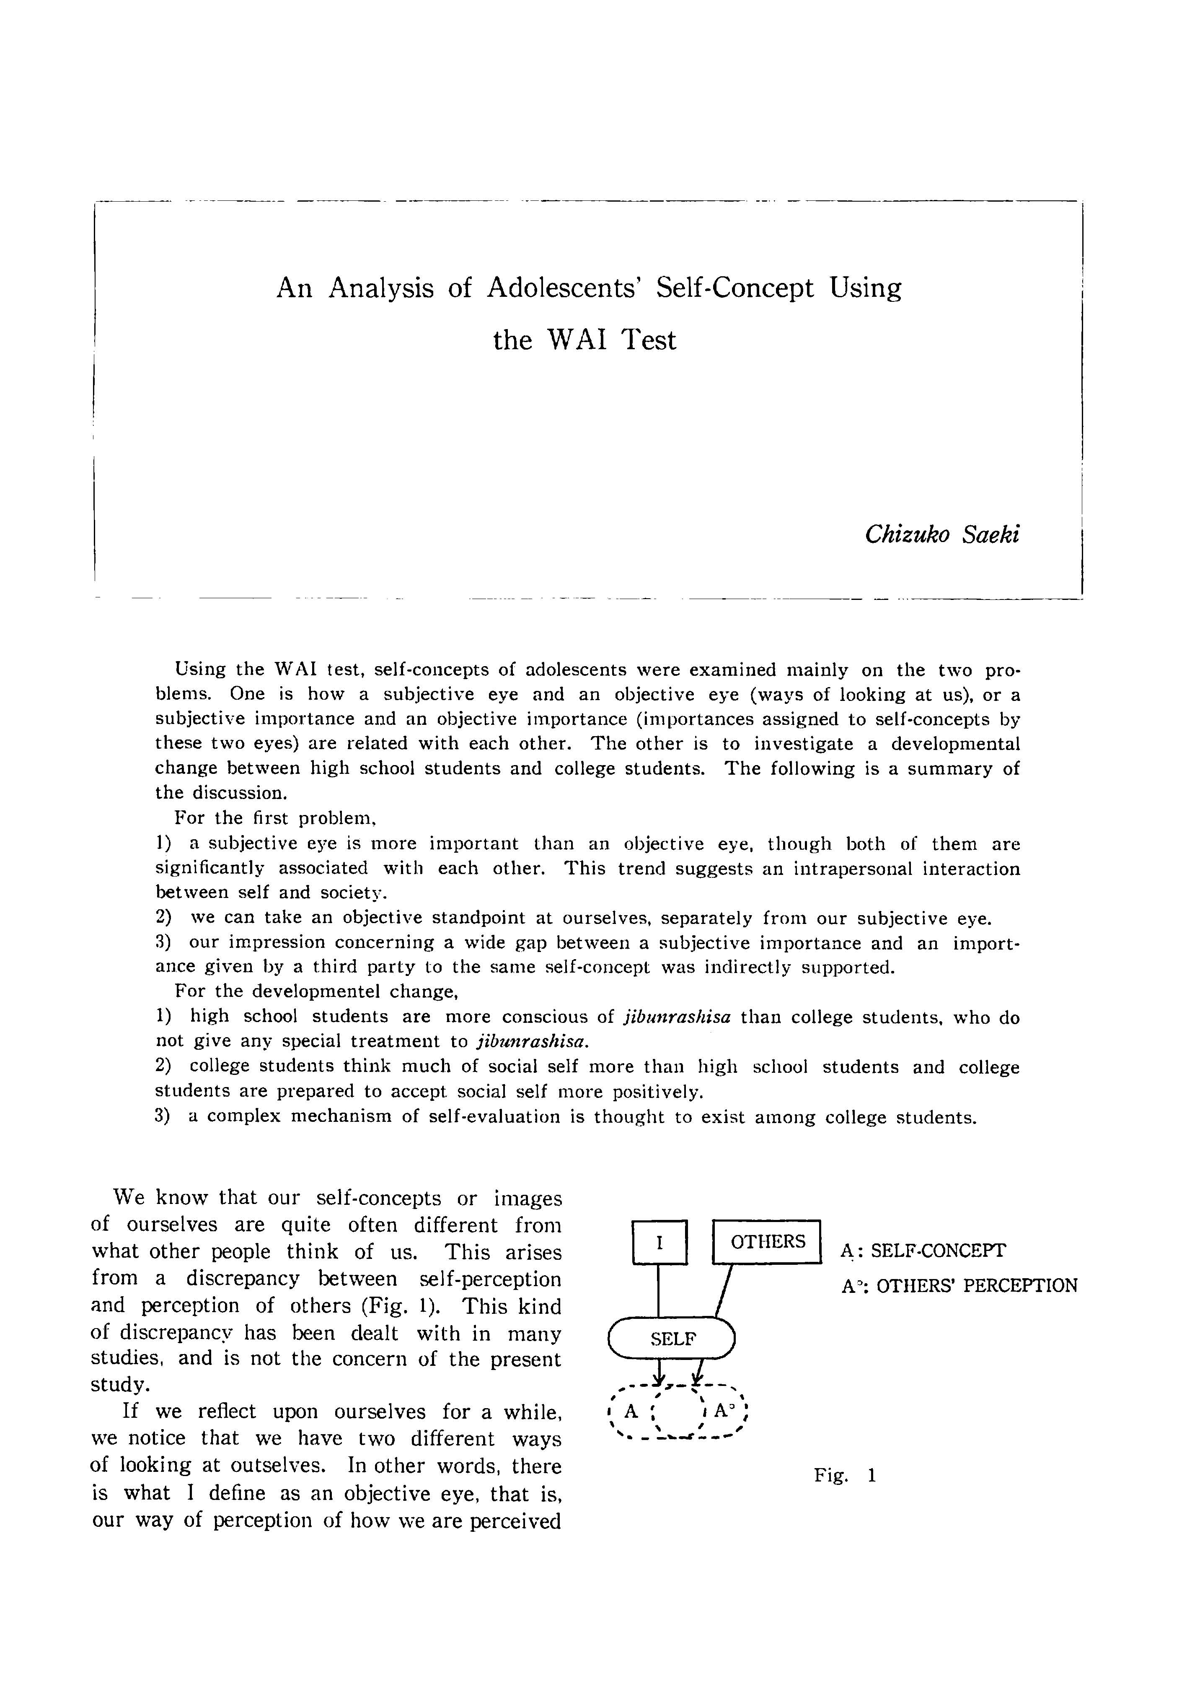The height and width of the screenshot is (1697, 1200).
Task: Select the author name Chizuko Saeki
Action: pos(942,534)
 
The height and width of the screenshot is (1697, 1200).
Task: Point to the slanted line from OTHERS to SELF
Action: pos(724,1290)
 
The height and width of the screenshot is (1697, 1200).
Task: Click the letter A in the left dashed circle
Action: pos(630,1411)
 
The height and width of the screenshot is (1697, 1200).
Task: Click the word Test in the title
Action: pos(648,340)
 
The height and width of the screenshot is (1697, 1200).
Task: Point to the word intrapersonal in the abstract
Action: pos(851,869)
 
